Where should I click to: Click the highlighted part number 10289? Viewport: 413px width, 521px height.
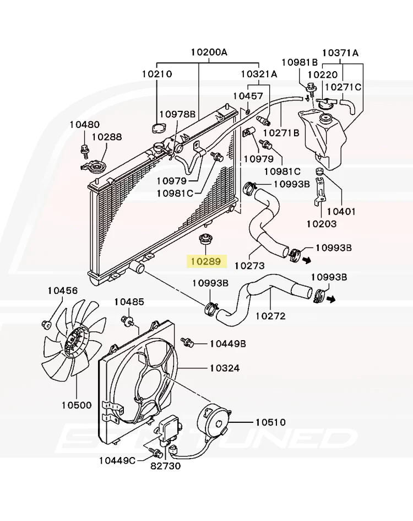pyautogui.click(x=206, y=261)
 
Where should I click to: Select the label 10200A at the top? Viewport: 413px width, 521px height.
pyautogui.click(x=209, y=53)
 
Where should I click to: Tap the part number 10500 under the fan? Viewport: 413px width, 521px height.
pyautogui.click(x=77, y=405)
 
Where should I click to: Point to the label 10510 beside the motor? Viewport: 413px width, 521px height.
pyautogui.click(x=270, y=422)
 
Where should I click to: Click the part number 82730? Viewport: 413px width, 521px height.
pyautogui.click(x=165, y=466)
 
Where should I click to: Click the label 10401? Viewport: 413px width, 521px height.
pyautogui.click(x=342, y=211)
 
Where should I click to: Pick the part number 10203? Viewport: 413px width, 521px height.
pyautogui.click(x=322, y=224)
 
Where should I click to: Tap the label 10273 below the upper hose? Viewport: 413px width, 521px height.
pyautogui.click(x=249, y=265)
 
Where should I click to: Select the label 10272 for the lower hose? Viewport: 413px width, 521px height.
pyautogui.click(x=270, y=316)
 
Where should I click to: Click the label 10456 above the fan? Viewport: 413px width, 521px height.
pyautogui.click(x=62, y=291)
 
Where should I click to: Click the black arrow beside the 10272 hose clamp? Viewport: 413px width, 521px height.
pyautogui.click(x=330, y=299)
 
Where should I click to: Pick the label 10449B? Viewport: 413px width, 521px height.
pyautogui.click(x=227, y=343)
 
